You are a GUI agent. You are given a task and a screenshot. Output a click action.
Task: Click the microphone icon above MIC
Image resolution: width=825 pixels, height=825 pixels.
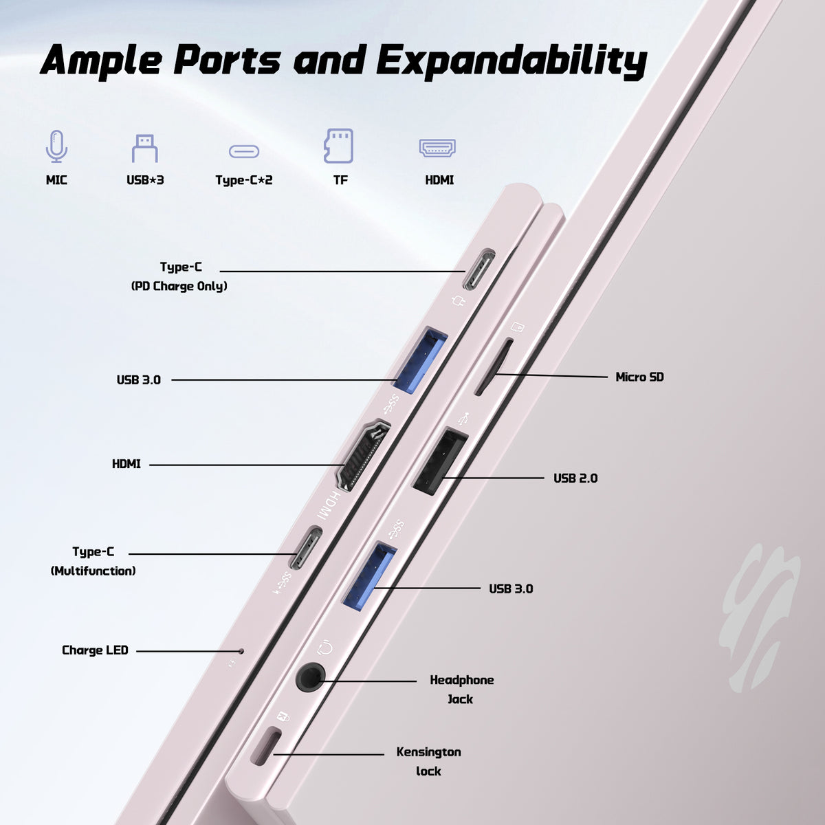tap(56, 146)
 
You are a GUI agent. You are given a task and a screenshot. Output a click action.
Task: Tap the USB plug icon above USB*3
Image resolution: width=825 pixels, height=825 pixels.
tap(144, 148)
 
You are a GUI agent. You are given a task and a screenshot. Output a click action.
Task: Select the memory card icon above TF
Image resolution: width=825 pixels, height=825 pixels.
tap(339, 146)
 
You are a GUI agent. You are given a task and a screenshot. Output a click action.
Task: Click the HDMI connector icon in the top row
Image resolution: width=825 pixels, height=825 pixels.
tap(437, 148)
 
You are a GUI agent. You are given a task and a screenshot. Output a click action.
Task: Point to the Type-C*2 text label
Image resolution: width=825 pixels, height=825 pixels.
tap(243, 180)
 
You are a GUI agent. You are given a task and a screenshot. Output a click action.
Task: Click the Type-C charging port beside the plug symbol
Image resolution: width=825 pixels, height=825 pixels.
tap(478, 269)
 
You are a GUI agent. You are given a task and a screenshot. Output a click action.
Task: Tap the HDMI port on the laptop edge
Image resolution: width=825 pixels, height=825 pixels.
tap(364, 456)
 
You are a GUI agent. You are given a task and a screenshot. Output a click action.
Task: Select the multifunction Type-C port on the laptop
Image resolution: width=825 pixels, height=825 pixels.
tap(305, 548)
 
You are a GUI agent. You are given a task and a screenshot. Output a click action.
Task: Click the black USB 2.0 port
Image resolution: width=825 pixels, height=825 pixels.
tap(440, 461)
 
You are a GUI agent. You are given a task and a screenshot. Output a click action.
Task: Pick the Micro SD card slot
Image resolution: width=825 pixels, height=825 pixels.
tap(494, 367)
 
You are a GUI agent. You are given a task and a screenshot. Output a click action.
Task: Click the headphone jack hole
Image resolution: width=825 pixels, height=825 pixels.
tap(310, 677)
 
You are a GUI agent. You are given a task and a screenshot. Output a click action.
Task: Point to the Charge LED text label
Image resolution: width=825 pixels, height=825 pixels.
tap(95, 650)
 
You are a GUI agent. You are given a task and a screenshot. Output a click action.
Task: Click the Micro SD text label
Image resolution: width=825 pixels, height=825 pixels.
tap(639, 377)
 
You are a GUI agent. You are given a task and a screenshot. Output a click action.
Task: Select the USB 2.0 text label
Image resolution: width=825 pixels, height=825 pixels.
tap(575, 478)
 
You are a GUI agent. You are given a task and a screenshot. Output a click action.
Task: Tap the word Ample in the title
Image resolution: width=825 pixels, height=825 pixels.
tap(101, 60)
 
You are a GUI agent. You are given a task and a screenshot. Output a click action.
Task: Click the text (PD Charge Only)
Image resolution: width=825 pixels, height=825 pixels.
tap(179, 286)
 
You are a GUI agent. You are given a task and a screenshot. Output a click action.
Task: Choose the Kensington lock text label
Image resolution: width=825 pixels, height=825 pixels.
tap(428, 761)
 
